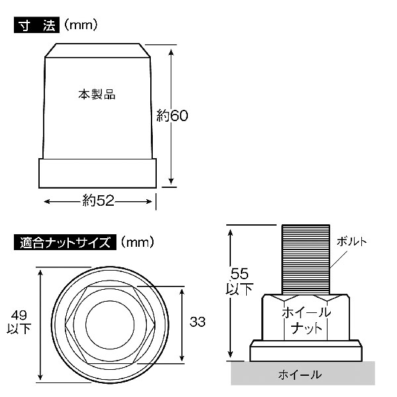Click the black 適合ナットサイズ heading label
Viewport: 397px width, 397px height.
pyautogui.click(x=65, y=242)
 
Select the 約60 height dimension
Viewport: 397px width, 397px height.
pyautogui.click(x=173, y=115)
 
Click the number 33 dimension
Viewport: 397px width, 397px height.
pyautogui.click(x=197, y=322)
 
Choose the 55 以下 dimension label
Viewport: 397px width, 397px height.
pyautogui.click(x=239, y=281)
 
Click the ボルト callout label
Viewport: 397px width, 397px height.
pyautogui.click(x=351, y=240)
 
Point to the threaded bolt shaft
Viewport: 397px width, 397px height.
pyautogui.click(x=305, y=258)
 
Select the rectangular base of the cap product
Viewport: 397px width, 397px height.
pyautogui.click(x=98, y=174)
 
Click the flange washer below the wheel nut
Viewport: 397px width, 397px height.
pyautogui.click(x=305, y=350)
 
